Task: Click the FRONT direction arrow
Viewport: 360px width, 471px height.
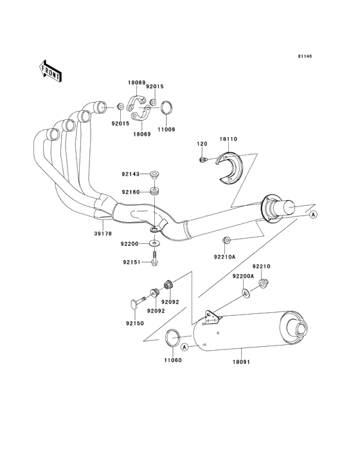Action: [x=50, y=71]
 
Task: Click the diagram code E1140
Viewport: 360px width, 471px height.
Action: [x=305, y=56]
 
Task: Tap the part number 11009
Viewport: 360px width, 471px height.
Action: [x=166, y=129]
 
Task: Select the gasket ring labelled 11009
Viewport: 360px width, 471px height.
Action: [x=166, y=108]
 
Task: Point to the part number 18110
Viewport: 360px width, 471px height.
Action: [x=228, y=139]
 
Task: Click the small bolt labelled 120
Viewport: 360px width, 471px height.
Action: [x=203, y=160]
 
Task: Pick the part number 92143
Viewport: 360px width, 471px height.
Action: [x=130, y=174]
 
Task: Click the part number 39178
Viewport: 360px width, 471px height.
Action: [x=103, y=234]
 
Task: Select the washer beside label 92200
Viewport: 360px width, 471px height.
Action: [x=154, y=243]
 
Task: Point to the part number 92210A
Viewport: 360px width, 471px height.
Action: [x=225, y=257]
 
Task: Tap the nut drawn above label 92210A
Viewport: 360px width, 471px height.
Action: [x=226, y=240]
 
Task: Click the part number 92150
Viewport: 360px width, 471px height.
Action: [x=135, y=324]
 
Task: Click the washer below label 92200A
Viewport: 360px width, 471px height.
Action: [x=246, y=293]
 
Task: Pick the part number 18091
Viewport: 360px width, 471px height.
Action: [x=241, y=362]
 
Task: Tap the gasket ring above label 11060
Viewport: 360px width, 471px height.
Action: [x=172, y=338]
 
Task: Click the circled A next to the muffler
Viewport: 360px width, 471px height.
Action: [x=184, y=347]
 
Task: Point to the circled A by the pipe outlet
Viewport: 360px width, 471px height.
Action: [x=313, y=214]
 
